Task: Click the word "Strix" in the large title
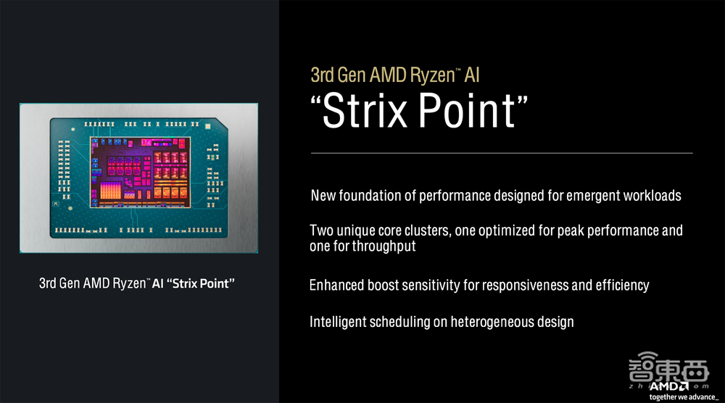point(365,110)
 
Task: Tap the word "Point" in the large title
point(466,110)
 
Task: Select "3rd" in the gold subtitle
point(322,75)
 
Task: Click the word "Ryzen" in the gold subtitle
point(433,75)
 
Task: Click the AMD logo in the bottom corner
point(669,386)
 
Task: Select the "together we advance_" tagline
point(684,397)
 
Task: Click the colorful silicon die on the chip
point(140,172)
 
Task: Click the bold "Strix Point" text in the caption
point(200,283)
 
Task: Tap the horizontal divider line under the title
point(502,153)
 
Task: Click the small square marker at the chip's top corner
point(207,125)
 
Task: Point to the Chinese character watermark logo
point(668,368)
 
